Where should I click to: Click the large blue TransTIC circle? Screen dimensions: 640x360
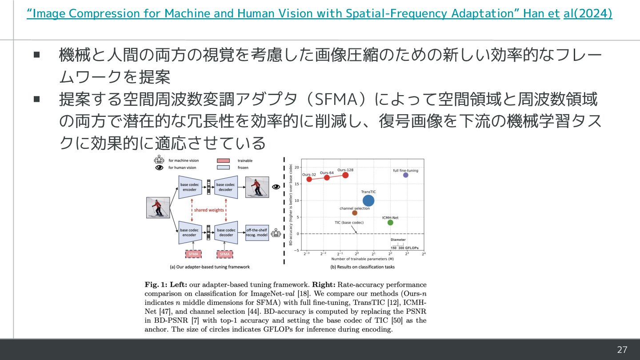click(368, 201)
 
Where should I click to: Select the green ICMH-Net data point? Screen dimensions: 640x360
click(390, 222)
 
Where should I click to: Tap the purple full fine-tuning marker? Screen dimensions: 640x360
click(405, 175)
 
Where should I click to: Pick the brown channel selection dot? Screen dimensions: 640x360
click(355, 213)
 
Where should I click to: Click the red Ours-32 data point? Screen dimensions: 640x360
click(309, 179)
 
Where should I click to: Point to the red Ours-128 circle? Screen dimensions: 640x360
click(345, 175)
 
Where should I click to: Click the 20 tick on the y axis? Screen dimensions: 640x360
click(296, 167)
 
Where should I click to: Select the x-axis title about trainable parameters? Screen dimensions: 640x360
click(363, 258)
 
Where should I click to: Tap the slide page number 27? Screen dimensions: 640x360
click(622, 350)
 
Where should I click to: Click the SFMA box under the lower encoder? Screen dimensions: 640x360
click(193, 254)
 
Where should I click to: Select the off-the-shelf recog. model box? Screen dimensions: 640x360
click(257, 232)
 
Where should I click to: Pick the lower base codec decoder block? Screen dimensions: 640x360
click(226, 232)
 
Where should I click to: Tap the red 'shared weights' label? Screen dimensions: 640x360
click(209, 210)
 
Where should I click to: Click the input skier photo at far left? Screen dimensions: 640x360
click(158, 208)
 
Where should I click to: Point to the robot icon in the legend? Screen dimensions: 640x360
click(159, 160)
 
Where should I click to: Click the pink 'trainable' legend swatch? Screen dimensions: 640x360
click(223, 160)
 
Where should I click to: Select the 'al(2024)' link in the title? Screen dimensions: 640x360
click(588, 14)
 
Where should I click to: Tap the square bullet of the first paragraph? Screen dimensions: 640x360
click(37, 56)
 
